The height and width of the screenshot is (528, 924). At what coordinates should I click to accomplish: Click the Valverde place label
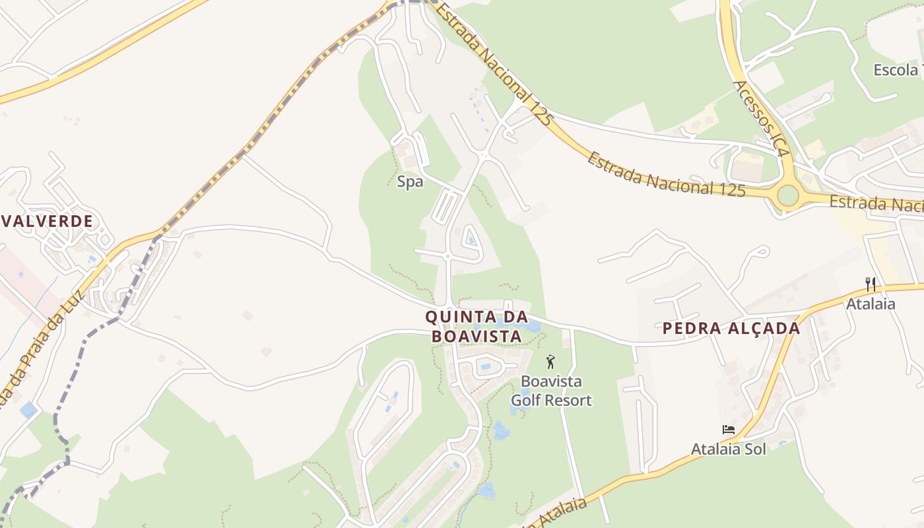[47, 221]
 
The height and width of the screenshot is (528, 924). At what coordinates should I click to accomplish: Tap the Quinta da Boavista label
[477, 327]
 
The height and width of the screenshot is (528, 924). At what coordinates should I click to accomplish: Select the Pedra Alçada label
[731, 328]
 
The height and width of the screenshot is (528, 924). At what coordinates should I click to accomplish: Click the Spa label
[410, 181]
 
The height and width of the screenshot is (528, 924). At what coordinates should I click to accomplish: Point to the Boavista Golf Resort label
[551, 391]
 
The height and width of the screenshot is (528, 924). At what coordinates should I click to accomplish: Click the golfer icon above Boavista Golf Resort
[550, 362]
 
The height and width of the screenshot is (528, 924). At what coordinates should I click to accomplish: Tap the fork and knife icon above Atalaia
[871, 284]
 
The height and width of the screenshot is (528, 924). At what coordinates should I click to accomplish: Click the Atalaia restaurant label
[871, 304]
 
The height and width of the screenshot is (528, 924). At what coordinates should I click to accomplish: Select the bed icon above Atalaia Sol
[729, 430]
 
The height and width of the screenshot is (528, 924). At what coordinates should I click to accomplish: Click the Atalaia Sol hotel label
[729, 449]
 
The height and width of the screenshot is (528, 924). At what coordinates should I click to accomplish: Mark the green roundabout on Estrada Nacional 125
[787, 195]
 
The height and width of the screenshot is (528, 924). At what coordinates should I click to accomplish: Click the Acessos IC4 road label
[761, 119]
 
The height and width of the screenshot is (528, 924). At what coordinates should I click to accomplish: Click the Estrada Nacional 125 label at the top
[494, 63]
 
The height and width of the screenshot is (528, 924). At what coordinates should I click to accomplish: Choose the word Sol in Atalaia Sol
[755, 449]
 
